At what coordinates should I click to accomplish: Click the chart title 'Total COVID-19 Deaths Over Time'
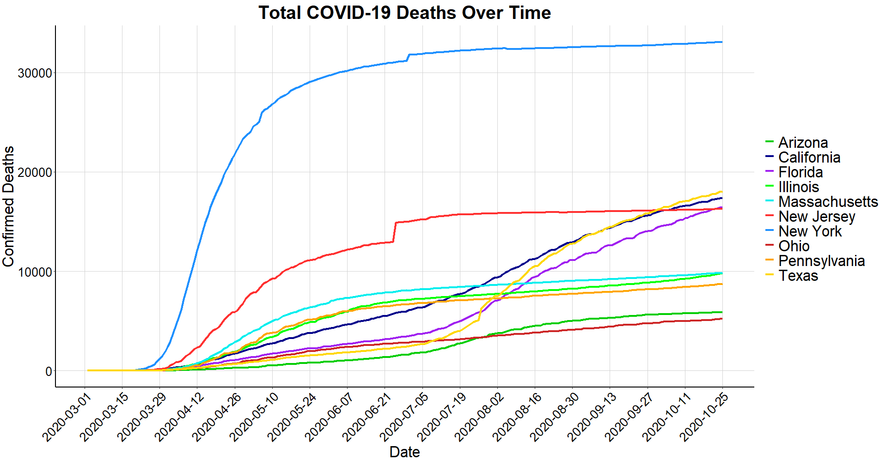pyautogui.click(x=404, y=13)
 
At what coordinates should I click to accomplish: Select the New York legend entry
pyautogui.click(x=810, y=231)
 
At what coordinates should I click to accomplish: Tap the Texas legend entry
pyautogui.click(x=798, y=276)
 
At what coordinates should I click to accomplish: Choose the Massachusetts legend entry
pyautogui.click(x=828, y=202)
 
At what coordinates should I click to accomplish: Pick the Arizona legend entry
pyautogui.click(x=803, y=143)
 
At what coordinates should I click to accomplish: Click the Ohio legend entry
pyautogui.click(x=794, y=246)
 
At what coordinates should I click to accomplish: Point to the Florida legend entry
pyautogui.click(x=801, y=172)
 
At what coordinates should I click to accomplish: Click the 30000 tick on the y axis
pyautogui.click(x=35, y=73)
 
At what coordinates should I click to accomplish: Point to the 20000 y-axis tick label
pyautogui.click(x=35, y=173)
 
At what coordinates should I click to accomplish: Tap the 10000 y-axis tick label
pyautogui.click(x=35, y=272)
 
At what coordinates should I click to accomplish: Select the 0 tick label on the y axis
pyautogui.click(x=49, y=371)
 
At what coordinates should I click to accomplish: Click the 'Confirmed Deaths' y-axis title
pyautogui.click(x=9, y=206)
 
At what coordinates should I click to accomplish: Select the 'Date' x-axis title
pyautogui.click(x=404, y=452)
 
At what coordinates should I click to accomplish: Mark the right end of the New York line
pyautogui.click(x=722, y=42)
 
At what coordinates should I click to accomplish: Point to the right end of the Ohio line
pyautogui.click(x=722, y=319)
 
